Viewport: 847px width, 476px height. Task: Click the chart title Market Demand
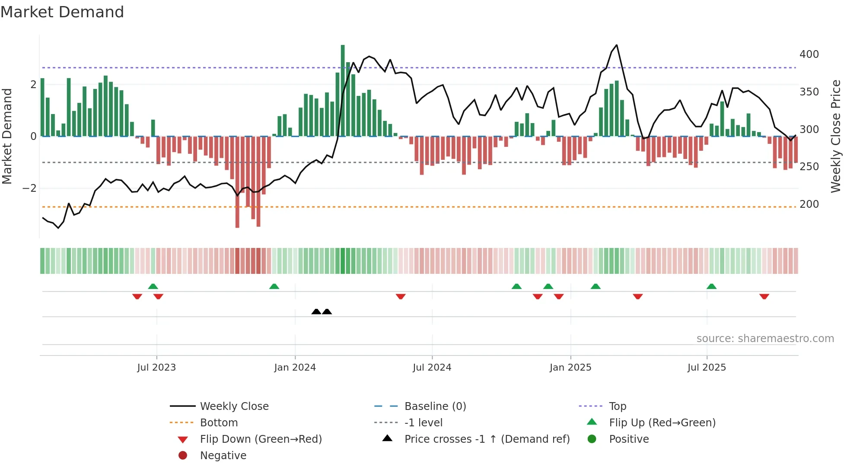62,12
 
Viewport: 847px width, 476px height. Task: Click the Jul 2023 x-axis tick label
156,368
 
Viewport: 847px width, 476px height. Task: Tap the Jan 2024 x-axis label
295,368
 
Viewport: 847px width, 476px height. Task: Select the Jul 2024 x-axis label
432,368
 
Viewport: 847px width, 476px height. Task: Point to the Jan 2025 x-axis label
570,368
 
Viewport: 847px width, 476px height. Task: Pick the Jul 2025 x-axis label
707,368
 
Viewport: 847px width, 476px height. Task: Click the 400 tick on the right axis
809,54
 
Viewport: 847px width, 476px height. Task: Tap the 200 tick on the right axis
809,204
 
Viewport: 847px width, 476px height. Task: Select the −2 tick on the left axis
29,188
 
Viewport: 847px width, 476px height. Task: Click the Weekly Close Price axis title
836,136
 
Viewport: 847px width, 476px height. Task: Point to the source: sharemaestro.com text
765,339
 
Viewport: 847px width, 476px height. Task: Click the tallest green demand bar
343,91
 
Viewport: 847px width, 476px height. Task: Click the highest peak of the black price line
617,45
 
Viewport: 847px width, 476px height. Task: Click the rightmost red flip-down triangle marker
764,296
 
